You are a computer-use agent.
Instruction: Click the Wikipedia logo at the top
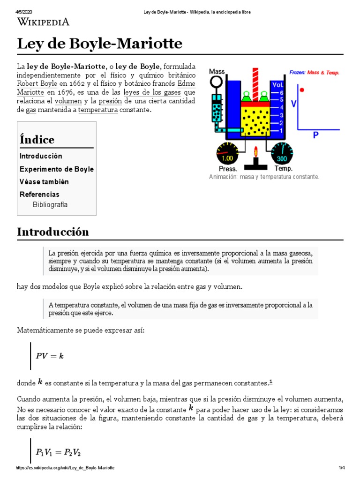[x=43, y=22]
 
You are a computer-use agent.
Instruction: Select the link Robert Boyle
[x=37, y=84]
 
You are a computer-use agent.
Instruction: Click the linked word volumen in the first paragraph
[x=68, y=101]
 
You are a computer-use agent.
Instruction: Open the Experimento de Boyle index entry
[x=57, y=169]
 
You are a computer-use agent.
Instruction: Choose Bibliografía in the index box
[x=50, y=204]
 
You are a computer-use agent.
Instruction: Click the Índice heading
[x=37, y=140]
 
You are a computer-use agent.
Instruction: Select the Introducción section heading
[x=53, y=232]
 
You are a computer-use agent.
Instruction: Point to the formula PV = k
[x=50, y=356]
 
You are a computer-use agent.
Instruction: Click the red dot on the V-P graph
[x=302, y=90]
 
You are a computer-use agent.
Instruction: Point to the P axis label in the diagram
[x=315, y=135]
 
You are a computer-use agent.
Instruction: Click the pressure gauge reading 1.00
[x=227, y=157]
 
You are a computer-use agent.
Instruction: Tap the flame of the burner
[x=256, y=151]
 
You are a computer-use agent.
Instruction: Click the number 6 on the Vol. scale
[x=282, y=92]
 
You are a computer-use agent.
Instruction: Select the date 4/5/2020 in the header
[x=24, y=12]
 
